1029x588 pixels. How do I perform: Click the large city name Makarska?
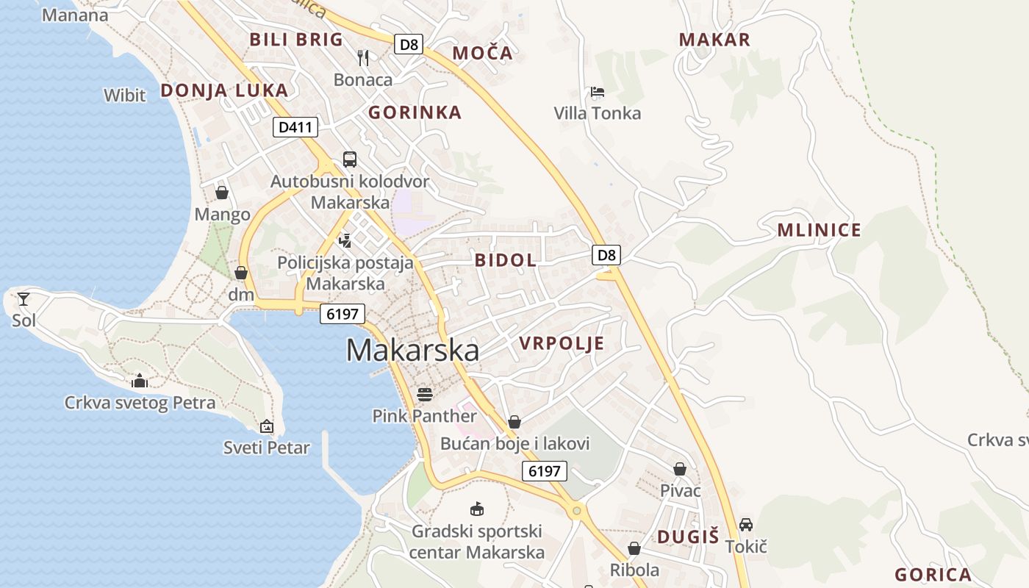(x=412, y=350)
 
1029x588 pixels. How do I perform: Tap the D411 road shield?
(x=295, y=127)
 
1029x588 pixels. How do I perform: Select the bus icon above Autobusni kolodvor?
(x=350, y=159)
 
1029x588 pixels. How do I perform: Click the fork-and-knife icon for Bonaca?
(x=363, y=57)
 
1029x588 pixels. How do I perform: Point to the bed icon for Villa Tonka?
(x=598, y=92)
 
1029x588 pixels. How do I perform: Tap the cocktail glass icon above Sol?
(x=24, y=298)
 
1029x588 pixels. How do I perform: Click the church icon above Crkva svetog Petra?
(x=139, y=381)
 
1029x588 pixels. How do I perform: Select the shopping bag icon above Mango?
(x=222, y=193)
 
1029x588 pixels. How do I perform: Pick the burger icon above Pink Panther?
(x=424, y=395)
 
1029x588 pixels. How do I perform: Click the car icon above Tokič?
(x=746, y=525)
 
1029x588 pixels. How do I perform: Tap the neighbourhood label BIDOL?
(x=506, y=259)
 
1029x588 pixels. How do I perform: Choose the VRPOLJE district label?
(x=562, y=343)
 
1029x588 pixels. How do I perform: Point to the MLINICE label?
(x=819, y=230)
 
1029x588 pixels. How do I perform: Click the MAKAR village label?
(x=714, y=40)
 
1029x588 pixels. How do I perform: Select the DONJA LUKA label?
(x=224, y=90)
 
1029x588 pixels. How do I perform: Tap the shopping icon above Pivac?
(x=680, y=469)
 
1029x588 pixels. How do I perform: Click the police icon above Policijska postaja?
(x=345, y=240)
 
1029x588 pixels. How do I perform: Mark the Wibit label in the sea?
(x=125, y=95)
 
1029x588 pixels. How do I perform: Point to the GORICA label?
(x=933, y=575)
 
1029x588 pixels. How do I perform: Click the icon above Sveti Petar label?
(x=267, y=426)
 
